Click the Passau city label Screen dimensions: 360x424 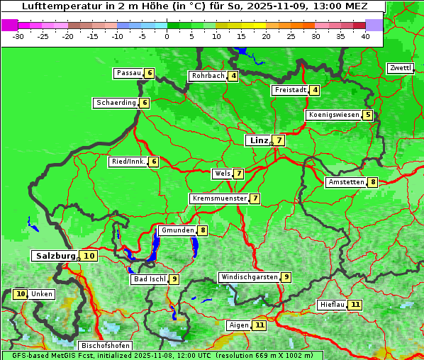128,73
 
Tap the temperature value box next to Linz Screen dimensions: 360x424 279,140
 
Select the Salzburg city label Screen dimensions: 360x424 55,256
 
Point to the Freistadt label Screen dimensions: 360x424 290,90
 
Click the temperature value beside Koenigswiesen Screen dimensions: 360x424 367,115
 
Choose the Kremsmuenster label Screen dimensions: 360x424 219,198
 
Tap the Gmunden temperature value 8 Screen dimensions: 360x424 203,230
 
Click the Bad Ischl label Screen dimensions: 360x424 149,279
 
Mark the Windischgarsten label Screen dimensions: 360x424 249,277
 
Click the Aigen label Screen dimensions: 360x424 239,325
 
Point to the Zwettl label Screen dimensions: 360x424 400,68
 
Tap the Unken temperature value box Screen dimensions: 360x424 20,294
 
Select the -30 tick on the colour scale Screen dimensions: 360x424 18,36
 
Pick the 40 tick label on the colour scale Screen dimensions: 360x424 365,36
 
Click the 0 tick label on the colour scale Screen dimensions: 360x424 167,36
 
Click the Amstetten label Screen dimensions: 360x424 346,182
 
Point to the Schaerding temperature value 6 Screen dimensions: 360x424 145,103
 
